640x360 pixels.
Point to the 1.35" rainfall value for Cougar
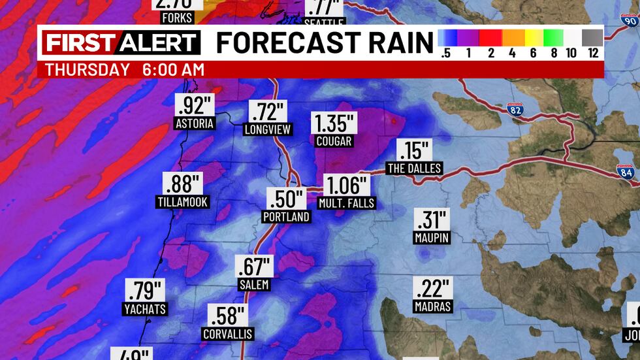[x=334, y=123]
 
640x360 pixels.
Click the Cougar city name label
[x=333, y=141]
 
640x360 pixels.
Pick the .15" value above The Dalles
[x=415, y=151]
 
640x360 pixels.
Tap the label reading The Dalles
[x=414, y=169]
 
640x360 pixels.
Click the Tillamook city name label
[x=183, y=202]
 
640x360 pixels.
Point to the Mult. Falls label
[x=346, y=203]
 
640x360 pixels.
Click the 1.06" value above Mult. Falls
[x=345, y=186]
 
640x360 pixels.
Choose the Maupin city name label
[x=432, y=238]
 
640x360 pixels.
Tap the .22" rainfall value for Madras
[x=432, y=288]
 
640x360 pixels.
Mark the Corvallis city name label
[x=227, y=335]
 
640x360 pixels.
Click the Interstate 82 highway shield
[x=515, y=110]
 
